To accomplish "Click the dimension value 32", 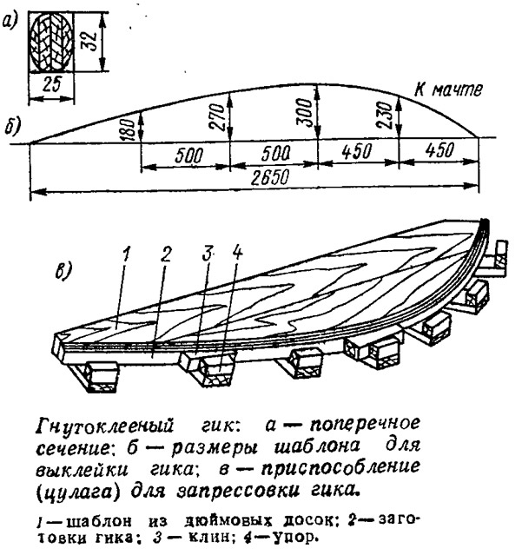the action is coord(89,41).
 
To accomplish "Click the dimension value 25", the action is coord(51,84).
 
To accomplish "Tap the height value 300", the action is coord(307,112).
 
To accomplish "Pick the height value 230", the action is coord(387,115).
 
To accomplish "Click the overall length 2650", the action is coord(270,177).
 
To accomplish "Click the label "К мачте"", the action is coord(448,90).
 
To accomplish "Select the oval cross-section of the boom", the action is coord(51,43).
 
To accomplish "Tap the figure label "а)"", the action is coord(10,23).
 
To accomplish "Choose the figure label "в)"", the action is coord(63,271).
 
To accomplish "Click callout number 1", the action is coord(125,254).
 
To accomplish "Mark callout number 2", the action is coord(166,254).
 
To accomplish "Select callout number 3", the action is coord(208,253).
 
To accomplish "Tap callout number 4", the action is coord(237,253).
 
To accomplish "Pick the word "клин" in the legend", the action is coord(207,538).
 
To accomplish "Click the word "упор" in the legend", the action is coord(292,538).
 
